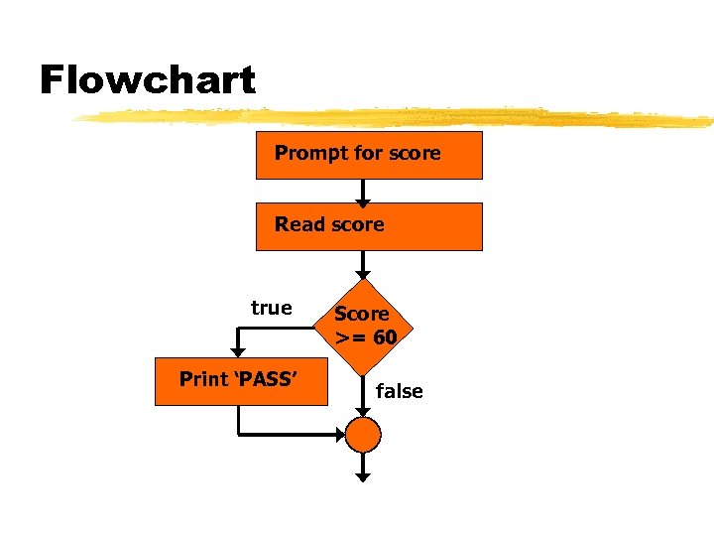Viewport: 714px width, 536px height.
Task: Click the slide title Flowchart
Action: click(147, 79)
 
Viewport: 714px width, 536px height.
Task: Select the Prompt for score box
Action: click(369, 155)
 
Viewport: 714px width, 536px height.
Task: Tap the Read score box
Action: click(369, 226)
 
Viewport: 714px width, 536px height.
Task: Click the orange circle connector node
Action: click(364, 434)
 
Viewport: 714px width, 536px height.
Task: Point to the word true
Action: click(272, 308)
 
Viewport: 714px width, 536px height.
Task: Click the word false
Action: click(400, 391)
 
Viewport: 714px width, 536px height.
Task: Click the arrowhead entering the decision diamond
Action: click(364, 273)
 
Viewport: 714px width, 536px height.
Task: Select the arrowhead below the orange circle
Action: click(364, 477)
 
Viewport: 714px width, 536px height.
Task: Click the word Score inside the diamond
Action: click(361, 315)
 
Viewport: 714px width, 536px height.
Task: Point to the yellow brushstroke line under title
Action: click(397, 117)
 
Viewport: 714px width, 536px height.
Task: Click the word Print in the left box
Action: click(202, 379)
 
